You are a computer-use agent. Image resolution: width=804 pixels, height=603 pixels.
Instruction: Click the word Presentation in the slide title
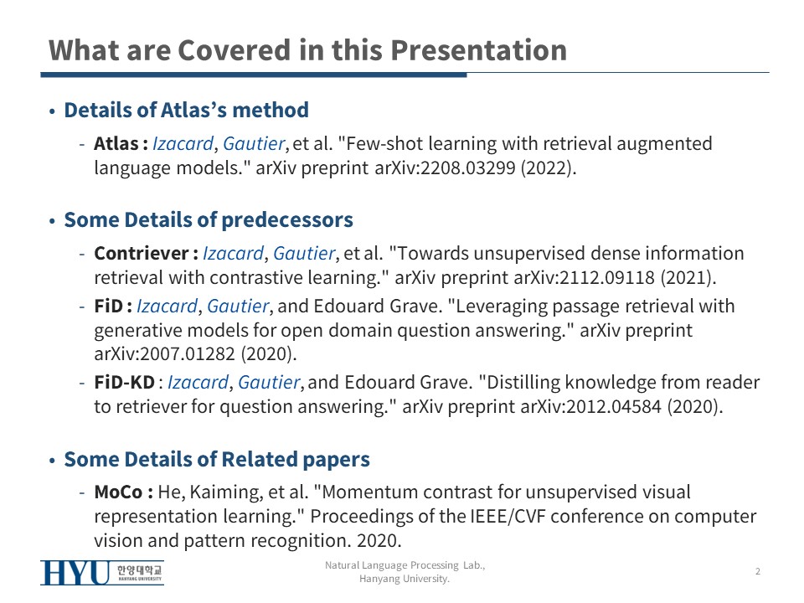(478, 50)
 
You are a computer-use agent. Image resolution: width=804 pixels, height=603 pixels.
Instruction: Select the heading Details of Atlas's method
(186, 110)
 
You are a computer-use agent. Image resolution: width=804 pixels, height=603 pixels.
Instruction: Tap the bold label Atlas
(116, 143)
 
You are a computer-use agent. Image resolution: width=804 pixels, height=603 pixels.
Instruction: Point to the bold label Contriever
(142, 253)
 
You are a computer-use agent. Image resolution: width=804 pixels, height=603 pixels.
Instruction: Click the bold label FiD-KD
(124, 383)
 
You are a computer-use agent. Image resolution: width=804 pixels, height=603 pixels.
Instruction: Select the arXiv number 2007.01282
(187, 353)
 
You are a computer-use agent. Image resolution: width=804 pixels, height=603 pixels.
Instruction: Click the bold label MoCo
(118, 492)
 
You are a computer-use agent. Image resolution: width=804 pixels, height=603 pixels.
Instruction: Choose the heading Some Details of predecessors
(209, 219)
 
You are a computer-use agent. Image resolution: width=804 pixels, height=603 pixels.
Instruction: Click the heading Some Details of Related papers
(216, 459)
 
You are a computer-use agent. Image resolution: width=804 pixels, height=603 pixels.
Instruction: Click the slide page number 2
(757, 571)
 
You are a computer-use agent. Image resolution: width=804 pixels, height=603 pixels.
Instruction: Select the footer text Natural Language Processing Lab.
(405, 565)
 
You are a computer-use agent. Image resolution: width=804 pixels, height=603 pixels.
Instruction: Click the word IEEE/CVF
(508, 517)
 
